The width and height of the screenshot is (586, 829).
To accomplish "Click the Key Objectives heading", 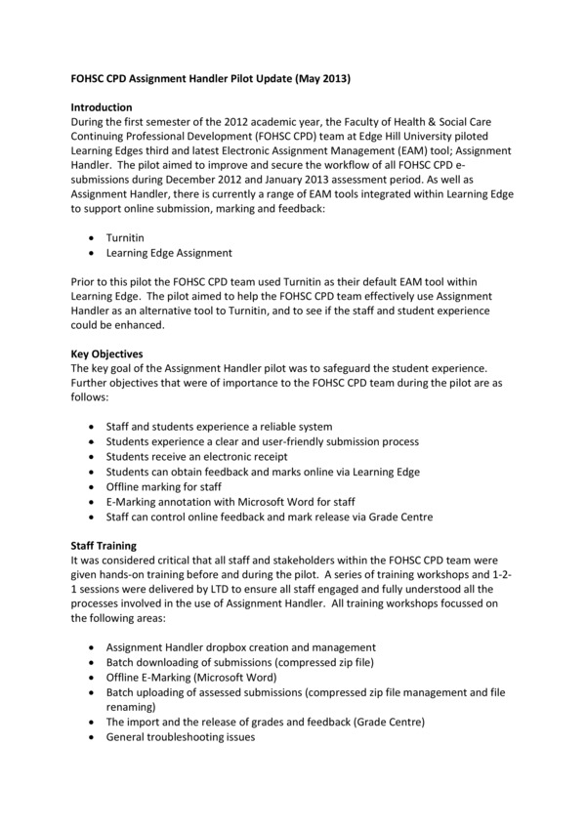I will pos(107,352).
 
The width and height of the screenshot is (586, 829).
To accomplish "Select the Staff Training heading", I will pos(105,546).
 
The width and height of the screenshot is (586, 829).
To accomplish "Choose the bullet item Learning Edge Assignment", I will pos(169,252).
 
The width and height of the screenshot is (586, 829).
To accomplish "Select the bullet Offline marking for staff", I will pos(164,486).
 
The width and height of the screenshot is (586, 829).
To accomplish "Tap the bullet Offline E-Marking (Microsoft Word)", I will pos(191,677).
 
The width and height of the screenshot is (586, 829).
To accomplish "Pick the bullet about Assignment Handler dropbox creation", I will pos(241,646).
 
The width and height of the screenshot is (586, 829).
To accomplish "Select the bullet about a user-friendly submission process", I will pos(263,441).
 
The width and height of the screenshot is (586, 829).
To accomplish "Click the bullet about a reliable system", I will pos(220,427).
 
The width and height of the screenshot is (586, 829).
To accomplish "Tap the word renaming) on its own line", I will pos(133,706).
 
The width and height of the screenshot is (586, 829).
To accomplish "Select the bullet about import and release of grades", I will pos(266,722).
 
